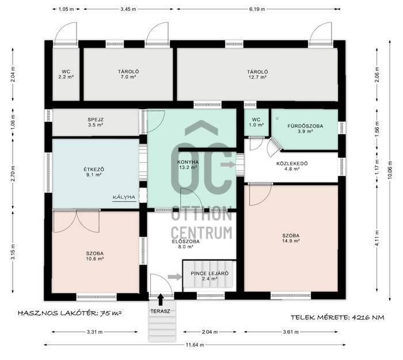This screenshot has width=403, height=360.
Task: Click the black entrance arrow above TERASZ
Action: coord(161,300)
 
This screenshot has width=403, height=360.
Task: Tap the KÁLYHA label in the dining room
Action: coord(124,197)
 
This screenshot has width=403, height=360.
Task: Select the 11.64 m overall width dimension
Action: coord(195,345)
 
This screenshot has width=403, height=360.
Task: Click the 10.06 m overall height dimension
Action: coord(390,170)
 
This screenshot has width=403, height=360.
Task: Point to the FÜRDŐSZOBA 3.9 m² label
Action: coord(305,129)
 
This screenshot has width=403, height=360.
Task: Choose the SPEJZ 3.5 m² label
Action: coord(96,122)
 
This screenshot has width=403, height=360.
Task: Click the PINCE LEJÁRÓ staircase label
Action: coord(210,276)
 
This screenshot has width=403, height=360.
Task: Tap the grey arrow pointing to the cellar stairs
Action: coord(175,277)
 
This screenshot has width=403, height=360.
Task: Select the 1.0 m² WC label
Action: coord(256,122)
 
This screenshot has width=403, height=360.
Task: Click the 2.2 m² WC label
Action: coord(66,74)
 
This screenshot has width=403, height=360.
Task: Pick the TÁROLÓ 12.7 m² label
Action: coord(257,74)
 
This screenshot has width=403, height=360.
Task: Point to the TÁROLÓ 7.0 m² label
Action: coord(128,74)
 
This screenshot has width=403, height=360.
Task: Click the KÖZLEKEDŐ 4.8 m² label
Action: coord(292,166)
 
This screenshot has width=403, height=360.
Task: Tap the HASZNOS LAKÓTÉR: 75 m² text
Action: coord(70,313)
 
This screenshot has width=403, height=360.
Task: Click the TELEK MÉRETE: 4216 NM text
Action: coord(337,317)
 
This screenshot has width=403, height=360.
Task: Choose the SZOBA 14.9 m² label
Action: coord(291,238)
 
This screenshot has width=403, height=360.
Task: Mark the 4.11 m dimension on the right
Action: coord(377,238)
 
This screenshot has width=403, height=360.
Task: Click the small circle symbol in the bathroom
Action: coord(277,118)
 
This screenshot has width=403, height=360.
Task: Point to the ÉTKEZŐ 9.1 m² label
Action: coord(94,172)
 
